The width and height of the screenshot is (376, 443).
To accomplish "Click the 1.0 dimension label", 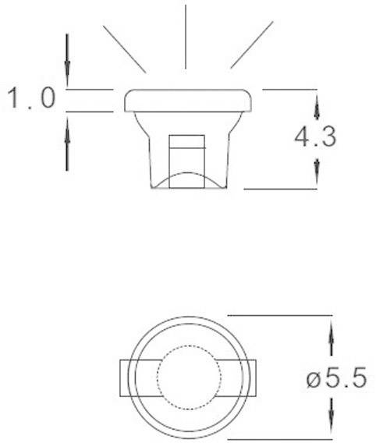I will pos(30,99).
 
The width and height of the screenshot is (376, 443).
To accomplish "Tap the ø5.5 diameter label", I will pos(335,380).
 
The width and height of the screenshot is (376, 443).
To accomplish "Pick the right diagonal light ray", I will pos(252,46).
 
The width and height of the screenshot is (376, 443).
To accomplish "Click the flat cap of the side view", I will pos(188,101).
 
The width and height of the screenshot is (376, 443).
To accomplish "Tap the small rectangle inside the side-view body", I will pos(187,153).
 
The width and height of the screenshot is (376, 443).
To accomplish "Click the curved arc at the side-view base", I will pos(187,179).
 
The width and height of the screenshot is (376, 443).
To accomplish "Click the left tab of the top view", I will pos(125,379).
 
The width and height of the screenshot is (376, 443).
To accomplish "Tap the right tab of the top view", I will pos(250,379).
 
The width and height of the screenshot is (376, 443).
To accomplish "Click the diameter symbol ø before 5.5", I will pos(314,381).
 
